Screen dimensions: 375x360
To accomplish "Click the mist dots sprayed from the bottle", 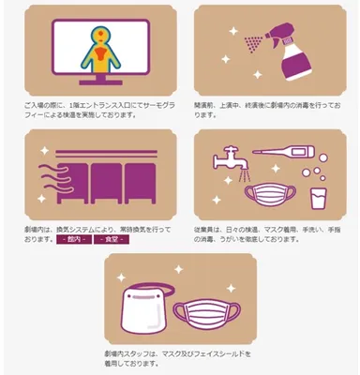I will [250, 43].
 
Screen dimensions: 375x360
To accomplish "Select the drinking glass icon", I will [316, 200].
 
